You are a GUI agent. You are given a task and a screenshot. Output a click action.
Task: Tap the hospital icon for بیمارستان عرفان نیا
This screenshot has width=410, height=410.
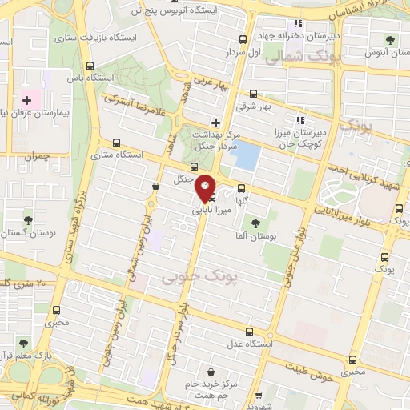tap(28, 101)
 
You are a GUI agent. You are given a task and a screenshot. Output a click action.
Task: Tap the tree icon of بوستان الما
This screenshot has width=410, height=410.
tap(255, 223)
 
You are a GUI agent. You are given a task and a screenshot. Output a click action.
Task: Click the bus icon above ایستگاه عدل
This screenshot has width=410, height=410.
tap(250, 330)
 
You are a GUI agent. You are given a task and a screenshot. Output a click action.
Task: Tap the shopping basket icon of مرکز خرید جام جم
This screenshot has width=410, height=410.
tap(210, 372)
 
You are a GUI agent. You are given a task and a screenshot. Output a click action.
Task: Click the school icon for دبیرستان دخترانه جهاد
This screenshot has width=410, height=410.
tap(298, 23)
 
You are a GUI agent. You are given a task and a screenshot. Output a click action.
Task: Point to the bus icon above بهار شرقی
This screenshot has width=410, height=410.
tap(255, 93)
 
